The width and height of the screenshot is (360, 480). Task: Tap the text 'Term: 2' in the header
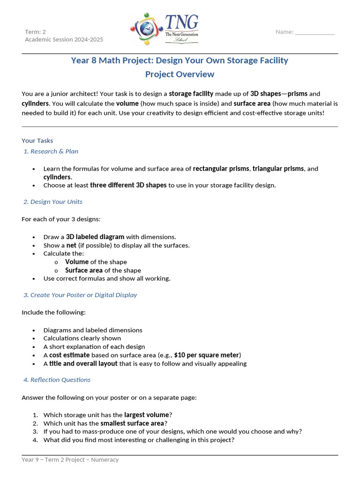(x=36, y=32)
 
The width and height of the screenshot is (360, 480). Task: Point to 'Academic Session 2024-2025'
(x=64, y=40)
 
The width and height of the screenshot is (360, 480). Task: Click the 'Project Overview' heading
(x=180, y=74)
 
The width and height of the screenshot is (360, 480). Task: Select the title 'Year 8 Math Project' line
(x=180, y=60)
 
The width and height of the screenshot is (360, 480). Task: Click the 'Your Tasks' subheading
(x=37, y=141)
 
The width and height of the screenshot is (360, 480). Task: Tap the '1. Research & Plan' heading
(x=51, y=151)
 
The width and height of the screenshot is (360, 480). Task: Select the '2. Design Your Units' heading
(x=53, y=202)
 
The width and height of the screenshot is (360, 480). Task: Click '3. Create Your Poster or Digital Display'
(x=80, y=295)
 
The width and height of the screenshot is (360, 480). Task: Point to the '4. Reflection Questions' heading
(x=57, y=380)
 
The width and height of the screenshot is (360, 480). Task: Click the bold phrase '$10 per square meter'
(x=207, y=355)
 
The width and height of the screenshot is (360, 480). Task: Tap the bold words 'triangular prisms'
(x=278, y=169)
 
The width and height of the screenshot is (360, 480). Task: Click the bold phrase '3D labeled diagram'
(x=95, y=237)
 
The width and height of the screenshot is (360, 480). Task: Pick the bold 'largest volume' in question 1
(x=146, y=415)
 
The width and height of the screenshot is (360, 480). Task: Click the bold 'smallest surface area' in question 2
(x=132, y=423)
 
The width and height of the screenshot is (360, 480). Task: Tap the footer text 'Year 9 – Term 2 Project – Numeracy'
(x=70, y=460)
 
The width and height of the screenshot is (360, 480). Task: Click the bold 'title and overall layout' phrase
(x=83, y=363)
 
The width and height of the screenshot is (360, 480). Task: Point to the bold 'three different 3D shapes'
(x=128, y=185)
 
